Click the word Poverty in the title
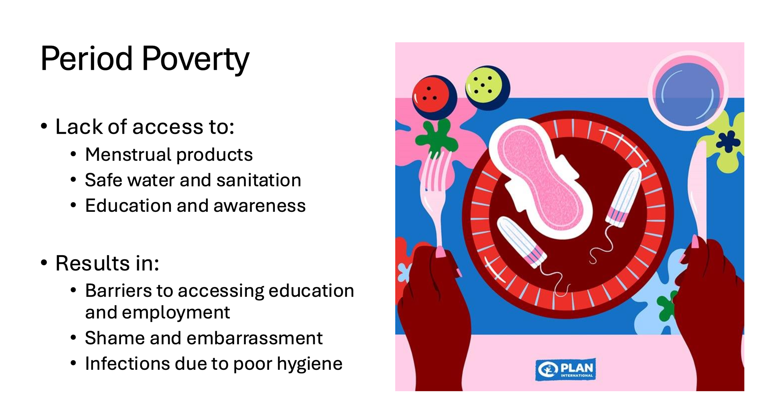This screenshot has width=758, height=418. (196, 59)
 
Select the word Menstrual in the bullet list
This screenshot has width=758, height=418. (128, 154)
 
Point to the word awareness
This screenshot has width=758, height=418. (260, 206)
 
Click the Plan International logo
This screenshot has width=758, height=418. (565, 369)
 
